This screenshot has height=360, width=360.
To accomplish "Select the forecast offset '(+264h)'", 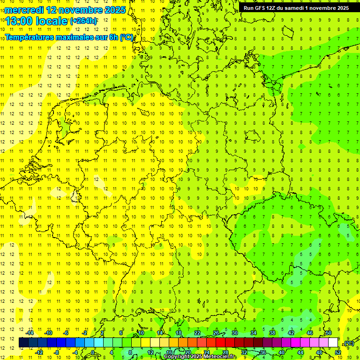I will pyautogui.click(x=83, y=21).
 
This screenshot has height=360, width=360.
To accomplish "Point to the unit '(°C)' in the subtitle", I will pyautogui.click(x=126, y=37).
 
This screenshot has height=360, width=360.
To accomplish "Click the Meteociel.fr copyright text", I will pyautogui.click(x=200, y=357).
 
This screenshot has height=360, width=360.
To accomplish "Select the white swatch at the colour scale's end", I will pyautogui.click(x=333, y=343).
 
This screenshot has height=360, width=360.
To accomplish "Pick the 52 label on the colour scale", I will pyautogui.click(x=338, y=352).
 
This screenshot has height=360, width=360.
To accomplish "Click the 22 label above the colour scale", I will pyautogui.click(x=197, y=333).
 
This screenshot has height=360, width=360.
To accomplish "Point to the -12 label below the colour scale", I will pyautogui.click(x=39, y=352).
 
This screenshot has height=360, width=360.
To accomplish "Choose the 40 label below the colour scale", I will pyautogui.click(x=282, y=352).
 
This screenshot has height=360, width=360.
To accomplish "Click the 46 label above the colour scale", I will pyautogui.click(x=310, y=333).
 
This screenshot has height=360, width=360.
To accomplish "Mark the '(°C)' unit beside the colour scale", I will pyautogui.click(x=349, y=343).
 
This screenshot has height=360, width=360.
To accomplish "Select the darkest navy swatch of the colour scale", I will pyautogui.click(x=23, y=343).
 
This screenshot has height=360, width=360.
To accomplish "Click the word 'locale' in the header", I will pyautogui.click(x=52, y=21).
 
